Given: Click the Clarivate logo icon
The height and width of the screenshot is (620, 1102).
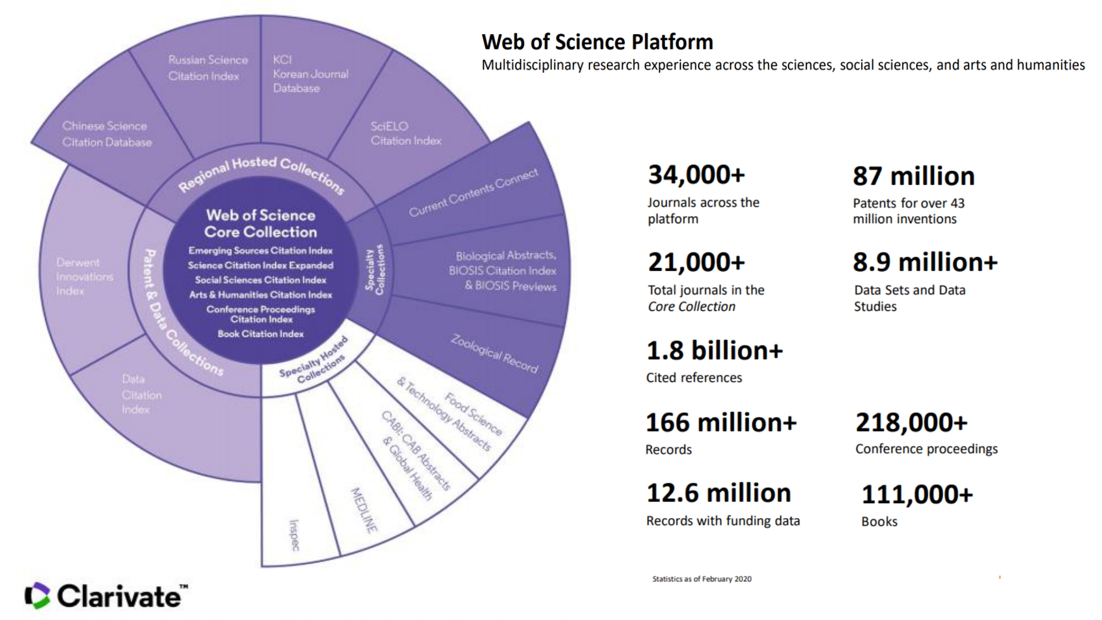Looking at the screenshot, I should [37, 596].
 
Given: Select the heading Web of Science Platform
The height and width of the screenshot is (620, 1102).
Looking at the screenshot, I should [597, 42].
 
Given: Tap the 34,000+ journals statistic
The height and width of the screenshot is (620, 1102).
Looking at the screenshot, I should [696, 175].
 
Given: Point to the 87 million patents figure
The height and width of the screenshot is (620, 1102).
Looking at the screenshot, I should [914, 176].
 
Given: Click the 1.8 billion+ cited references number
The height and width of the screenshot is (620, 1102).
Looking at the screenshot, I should [714, 351].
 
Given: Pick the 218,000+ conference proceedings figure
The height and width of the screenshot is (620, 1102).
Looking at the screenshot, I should [911, 423].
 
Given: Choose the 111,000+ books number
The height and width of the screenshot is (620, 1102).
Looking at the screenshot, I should [917, 494].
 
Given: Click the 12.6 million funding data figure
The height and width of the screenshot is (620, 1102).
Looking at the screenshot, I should [719, 493].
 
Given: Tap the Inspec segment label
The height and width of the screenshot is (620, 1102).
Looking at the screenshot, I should [295, 535].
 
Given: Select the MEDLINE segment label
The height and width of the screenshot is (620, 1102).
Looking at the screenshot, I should [364, 510].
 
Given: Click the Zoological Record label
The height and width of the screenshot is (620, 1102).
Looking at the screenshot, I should [494, 354].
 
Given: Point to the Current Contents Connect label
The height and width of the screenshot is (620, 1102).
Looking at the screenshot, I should [473, 193].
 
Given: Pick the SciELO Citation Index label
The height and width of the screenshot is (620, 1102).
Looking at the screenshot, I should [406, 133].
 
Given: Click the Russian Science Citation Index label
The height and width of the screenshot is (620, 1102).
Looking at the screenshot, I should [208, 68].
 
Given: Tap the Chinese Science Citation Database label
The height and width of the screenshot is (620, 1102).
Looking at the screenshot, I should [106, 134].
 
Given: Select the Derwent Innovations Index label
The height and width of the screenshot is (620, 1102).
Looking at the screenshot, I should [84, 277].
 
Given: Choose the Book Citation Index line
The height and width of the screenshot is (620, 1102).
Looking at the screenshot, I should [261, 333].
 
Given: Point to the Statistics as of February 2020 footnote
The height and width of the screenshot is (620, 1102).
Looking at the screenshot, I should [701, 579].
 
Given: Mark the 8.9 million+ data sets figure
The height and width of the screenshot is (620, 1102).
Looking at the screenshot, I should [925, 262].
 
